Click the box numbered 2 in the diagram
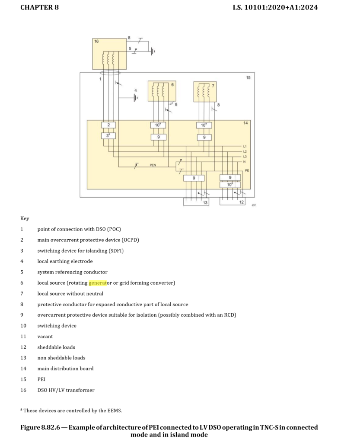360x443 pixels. pyautogui.click(x=108, y=125)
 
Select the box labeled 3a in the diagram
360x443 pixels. pyautogui.click(x=108, y=135)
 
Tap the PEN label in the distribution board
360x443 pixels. pyautogui.click(x=153, y=165)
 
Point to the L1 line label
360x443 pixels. pyautogui.click(x=245, y=147)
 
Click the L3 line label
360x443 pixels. pyautogui.click(x=245, y=156)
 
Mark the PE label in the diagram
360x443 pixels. pyautogui.click(x=247, y=170)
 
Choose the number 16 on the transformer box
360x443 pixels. pyautogui.click(x=96, y=42)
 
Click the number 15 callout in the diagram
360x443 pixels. pyautogui.click(x=248, y=77)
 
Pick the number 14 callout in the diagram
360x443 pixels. pyautogui.click(x=245, y=123)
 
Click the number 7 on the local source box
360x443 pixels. pyautogui.click(x=213, y=86)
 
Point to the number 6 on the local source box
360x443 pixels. pyautogui.click(x=172, y=85)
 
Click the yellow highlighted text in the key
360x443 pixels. pyautogui.click(x=97, y=283)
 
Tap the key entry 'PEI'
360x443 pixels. pyautogui.click(x=41, y=379)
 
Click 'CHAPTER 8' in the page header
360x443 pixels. pyautogui.click(x=39, y=7)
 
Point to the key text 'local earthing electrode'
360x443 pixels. pyautogui.click(x=65, y=261)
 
